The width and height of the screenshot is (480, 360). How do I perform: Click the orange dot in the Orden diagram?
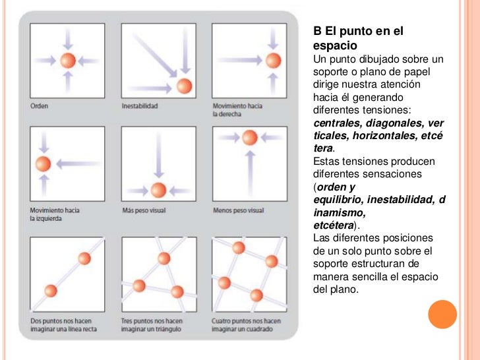click(68, 61)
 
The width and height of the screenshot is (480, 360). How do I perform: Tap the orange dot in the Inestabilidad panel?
click(184, 85)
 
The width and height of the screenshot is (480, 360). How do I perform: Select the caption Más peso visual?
click(144, 210)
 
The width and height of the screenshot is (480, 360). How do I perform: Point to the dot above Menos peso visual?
click(249, 137)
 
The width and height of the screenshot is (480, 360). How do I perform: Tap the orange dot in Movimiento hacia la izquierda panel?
click(43, 164)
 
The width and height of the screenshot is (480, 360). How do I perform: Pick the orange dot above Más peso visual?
click(158, 190)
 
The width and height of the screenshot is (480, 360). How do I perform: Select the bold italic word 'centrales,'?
click(336, 123)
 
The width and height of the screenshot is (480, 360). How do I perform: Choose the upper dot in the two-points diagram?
click(84, 258)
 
